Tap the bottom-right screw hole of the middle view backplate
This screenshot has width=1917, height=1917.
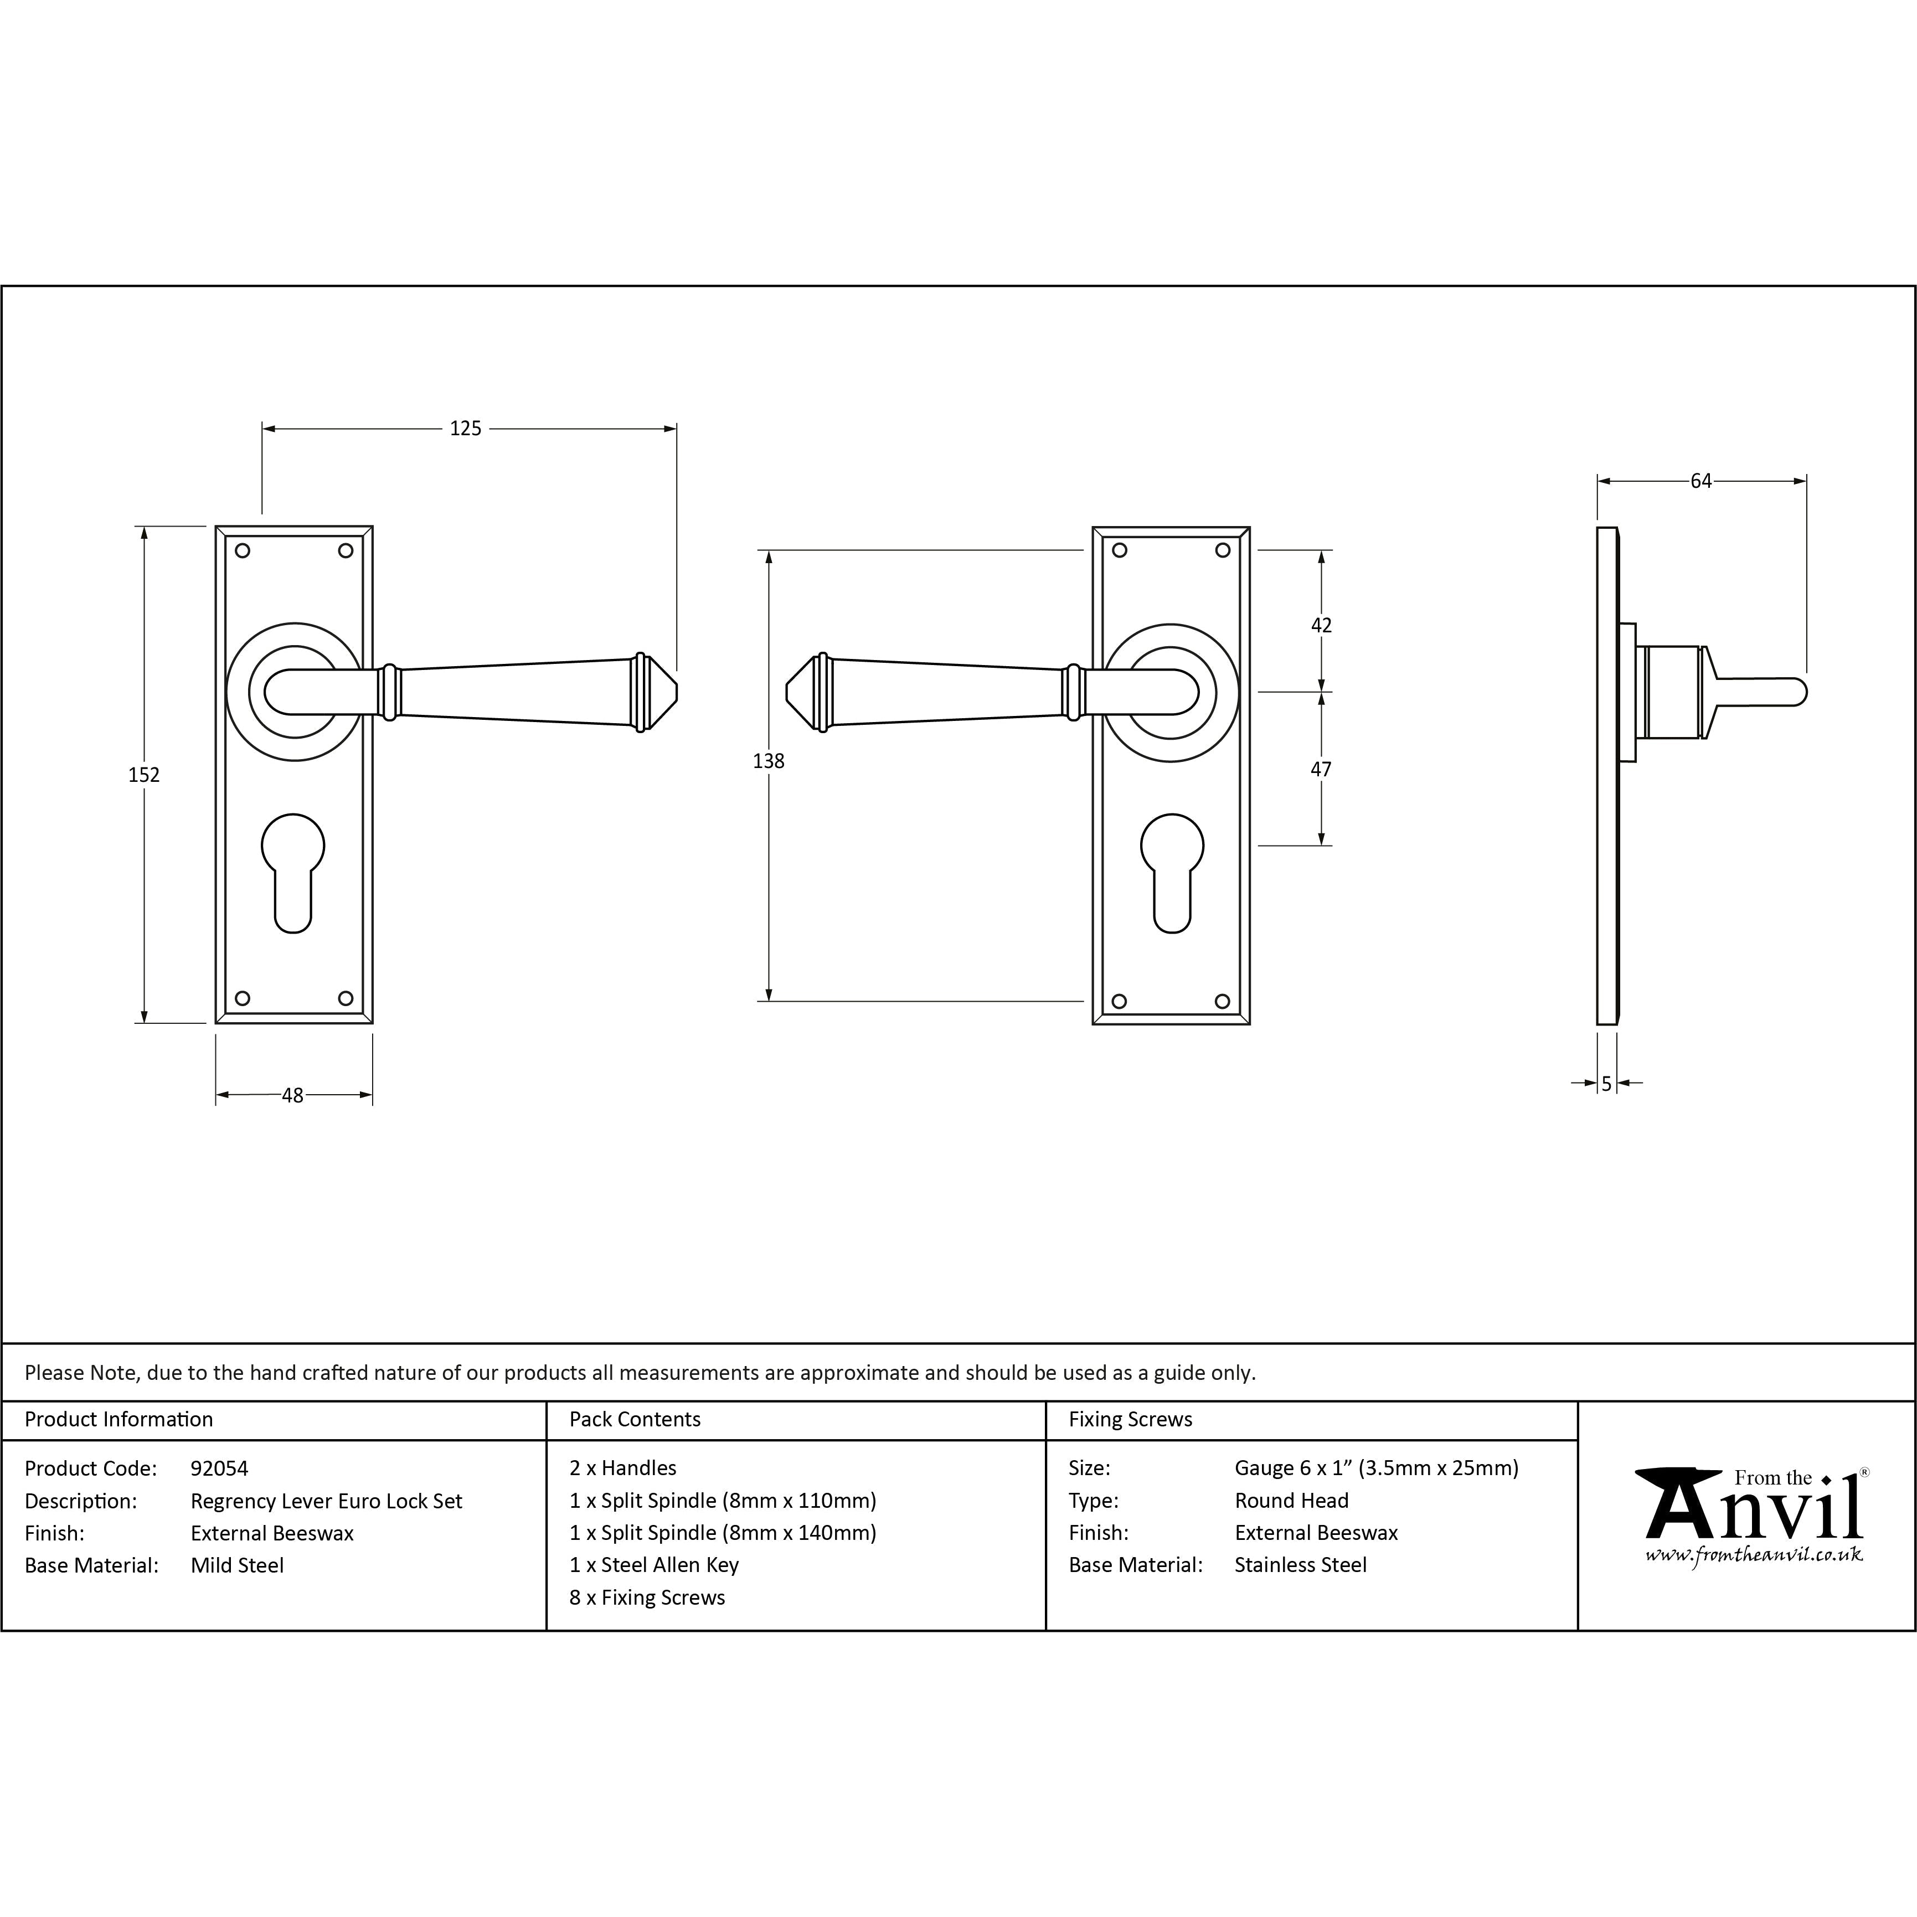[x=1223, y=1001]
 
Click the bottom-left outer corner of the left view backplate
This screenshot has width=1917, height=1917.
[x=217, y=1023]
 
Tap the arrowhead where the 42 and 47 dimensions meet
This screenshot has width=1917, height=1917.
[x=1321, y=692]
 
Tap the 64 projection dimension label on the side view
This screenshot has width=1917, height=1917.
[x=1700, y=481]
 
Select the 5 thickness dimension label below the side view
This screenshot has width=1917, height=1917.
[x=1606, y=1085]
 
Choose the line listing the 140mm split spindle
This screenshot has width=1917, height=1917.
[x=723, y=1533]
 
